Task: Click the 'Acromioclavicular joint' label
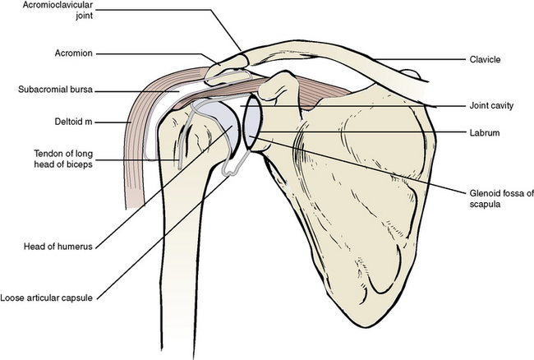tap(58, 11)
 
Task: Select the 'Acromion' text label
tap(74, 53)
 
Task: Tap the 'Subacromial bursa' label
tap(55, 90)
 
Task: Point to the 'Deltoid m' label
tap(74, 122)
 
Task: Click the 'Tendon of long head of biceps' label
tap(63, 159)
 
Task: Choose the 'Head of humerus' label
tap(58, 247)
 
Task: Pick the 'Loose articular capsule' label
tap(46, 298)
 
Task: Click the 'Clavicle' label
tap(485, 60)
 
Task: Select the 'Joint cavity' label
tap(491, 105)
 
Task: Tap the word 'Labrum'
tap(485, 132)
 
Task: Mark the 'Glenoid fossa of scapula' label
tap(501, 199)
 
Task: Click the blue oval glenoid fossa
tap(253, 122)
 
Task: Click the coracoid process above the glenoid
tap(278, 85)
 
